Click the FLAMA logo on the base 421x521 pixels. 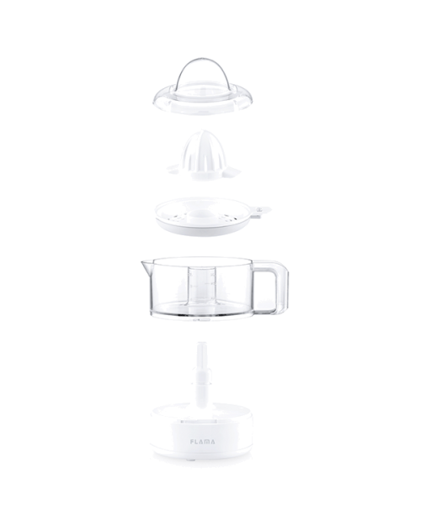202,441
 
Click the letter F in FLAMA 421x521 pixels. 192,441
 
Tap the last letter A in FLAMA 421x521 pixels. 212,441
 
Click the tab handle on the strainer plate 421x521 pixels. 260,211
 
